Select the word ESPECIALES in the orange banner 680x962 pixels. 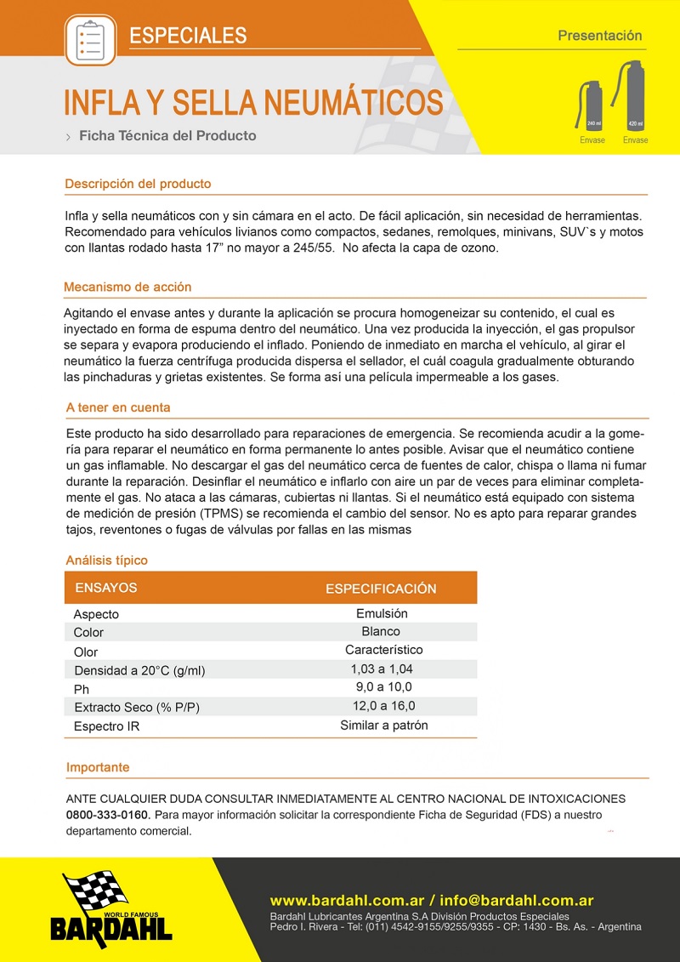[x=188, y=36]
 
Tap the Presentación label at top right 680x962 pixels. [x=599, y=36]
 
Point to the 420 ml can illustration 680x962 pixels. [x=633, y=95]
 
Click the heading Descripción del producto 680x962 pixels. [x=138, y=184]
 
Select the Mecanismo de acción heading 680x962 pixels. [x=127, y=287]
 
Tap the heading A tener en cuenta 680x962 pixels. [x=118, y=407]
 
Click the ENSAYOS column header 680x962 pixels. [x=106, y=588]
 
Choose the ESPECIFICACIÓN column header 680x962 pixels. [x=381, y=589]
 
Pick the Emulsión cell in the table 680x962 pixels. [x=382, y=613]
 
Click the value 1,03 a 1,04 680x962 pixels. [x=382, y=669]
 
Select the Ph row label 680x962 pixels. [x=82, y=689]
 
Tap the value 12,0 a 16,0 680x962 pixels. [x=384, y=706]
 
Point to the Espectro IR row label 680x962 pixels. [x=106, y=726]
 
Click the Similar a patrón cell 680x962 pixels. [x=384, y=726]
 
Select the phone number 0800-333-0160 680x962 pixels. [x=107, y=815]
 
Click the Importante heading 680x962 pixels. [x=98, y=767]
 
